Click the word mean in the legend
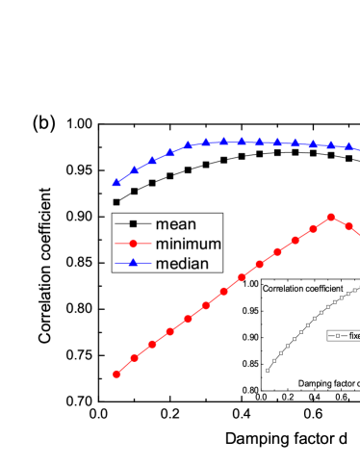click(x=175, y=224)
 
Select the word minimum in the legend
click(x=189, y=244)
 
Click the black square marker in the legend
click(x=133, y=224)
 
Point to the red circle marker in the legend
click(x=133, y=244)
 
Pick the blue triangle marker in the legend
click(x=133, y=262)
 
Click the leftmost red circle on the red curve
click(x=116, y=374)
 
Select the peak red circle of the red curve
click(x=331, y=217)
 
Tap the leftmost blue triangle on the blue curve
click(x=116, y=181)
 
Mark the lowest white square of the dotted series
click(x=269, y=370)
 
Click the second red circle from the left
click(x=135, y=358)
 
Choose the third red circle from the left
click(x=152, y=345)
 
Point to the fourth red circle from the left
click(x=170, y=331)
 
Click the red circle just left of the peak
click(x=313, y=228)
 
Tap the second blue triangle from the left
click(x=135, y=169)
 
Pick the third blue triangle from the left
click(x=152, y=160)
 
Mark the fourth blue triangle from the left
click(x=170, y=152)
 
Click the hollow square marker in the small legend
click(x=337, y=336)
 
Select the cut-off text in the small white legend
click(x=353, y=336)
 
